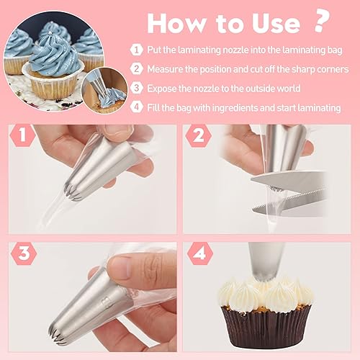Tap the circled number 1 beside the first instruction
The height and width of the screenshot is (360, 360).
click(136, 50)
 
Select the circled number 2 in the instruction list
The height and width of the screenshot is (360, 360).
click(136, 70)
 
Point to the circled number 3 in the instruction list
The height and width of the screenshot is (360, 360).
click(136, 89)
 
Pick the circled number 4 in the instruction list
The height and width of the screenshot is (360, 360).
click(136, 108)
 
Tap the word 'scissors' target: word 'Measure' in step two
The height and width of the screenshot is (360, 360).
click(167, 70)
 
